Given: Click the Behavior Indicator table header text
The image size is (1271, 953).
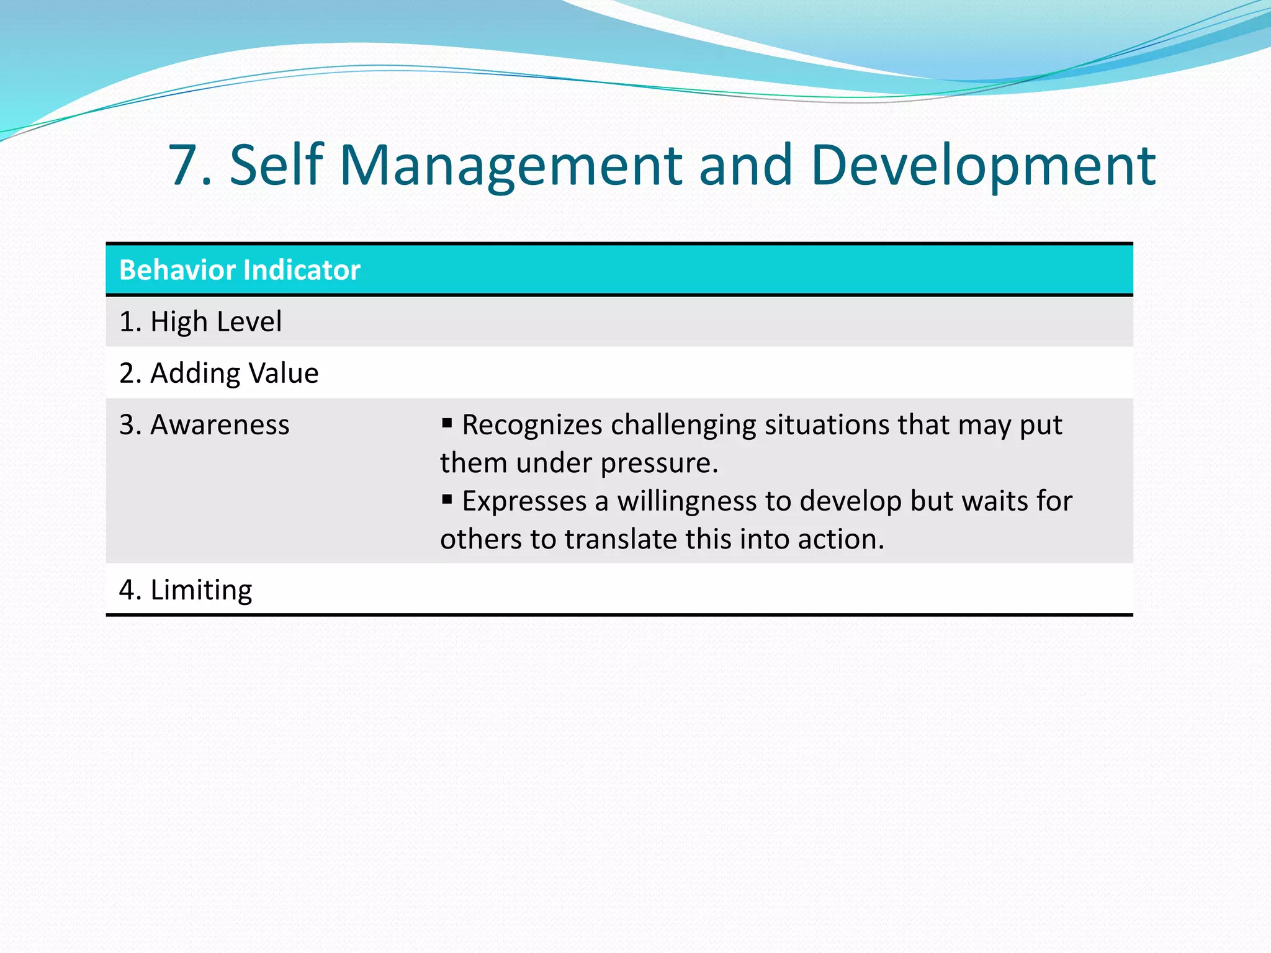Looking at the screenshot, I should (240, 270).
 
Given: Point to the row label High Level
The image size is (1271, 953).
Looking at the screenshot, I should (200, 321).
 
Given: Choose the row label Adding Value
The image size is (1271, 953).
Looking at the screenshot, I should (218, 373).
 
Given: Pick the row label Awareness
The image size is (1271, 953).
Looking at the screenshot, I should (204, 425).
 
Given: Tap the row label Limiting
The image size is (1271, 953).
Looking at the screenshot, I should (186, 589).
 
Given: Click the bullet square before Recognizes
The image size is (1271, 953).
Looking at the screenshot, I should (447, 423).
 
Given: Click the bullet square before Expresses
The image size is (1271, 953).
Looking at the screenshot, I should (447, 499).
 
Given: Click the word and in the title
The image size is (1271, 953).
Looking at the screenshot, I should (745, 165).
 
